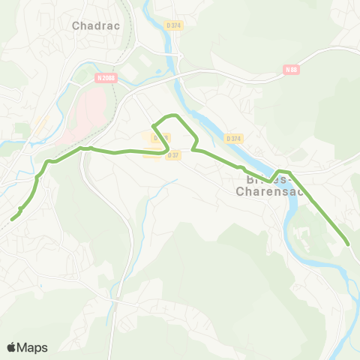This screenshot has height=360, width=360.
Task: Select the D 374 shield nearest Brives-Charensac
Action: (234, 138)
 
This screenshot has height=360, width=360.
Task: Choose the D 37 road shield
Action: (174, 155)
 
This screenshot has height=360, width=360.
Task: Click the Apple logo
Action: (12, 347)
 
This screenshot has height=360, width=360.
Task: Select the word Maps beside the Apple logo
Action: (33, 347)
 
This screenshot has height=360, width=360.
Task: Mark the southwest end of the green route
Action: (13, 219)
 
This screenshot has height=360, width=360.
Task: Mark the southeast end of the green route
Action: (348, 244)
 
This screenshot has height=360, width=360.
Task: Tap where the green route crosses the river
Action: (279, 173)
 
